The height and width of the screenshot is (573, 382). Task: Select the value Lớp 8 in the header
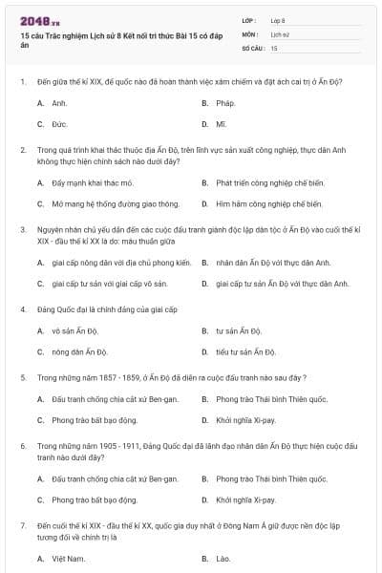pyautogui.click(x=278, y=19)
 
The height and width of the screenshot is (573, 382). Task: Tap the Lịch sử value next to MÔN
pyautogui.click(x=278, y=32)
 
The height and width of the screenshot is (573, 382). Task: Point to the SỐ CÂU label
pyautogui.click(x=252, y=47)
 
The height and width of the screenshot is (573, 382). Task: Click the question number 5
pyautogui.click(x=22, y=378)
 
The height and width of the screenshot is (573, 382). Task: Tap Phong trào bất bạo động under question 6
pyautogui.click(x=95, y=499)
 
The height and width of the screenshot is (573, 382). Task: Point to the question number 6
pyautogui.click(x=22, y=446)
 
